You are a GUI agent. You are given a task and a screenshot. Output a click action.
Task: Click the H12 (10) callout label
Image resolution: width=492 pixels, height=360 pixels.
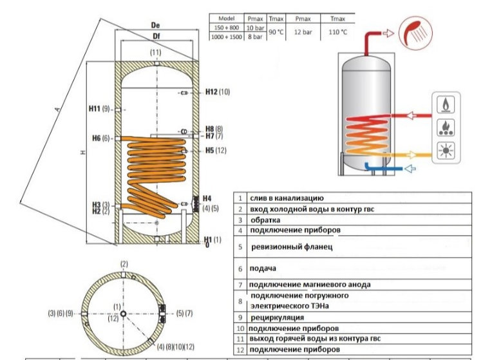point(217,92)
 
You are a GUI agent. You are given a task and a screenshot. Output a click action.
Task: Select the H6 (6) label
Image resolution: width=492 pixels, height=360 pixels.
point(101,138)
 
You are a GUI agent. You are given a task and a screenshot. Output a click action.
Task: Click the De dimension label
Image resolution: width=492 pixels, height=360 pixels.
point(155,25)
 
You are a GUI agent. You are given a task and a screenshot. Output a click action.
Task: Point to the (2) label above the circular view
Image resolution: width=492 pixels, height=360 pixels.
point(124,265)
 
